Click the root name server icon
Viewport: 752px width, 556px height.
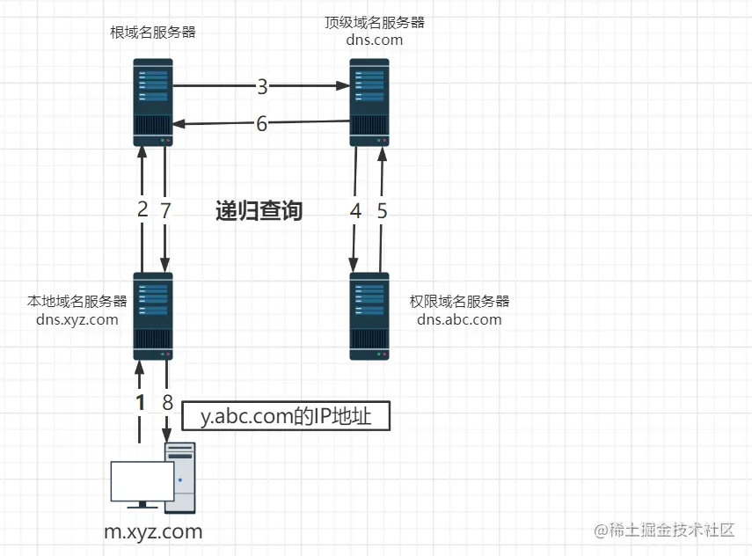click(153, 102)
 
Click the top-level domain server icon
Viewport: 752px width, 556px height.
click(369, 102)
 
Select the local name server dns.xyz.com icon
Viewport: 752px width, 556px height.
click(153, 316)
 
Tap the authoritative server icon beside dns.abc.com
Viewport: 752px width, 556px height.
click(369, 316)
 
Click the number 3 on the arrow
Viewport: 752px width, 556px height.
click(262, 86)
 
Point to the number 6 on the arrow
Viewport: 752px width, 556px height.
click(261, 124)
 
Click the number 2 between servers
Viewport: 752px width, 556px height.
click(142, 210)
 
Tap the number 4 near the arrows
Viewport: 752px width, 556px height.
click(355, 210)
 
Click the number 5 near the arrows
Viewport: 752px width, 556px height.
click(381, 210)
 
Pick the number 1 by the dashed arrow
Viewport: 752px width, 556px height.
click(140, 402)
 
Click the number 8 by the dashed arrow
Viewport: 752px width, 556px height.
click(167, 402)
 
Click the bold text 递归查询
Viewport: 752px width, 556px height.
click(259, 211)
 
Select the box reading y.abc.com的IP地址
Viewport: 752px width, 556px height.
click(285, 416)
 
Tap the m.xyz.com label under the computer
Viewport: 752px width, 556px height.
click(154, 531)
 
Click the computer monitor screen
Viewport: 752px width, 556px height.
click(142, 481)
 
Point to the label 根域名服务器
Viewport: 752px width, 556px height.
click(153, 33)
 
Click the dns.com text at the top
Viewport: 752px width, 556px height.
click(375, 40)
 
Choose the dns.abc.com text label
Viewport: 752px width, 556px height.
click(459, 319)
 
